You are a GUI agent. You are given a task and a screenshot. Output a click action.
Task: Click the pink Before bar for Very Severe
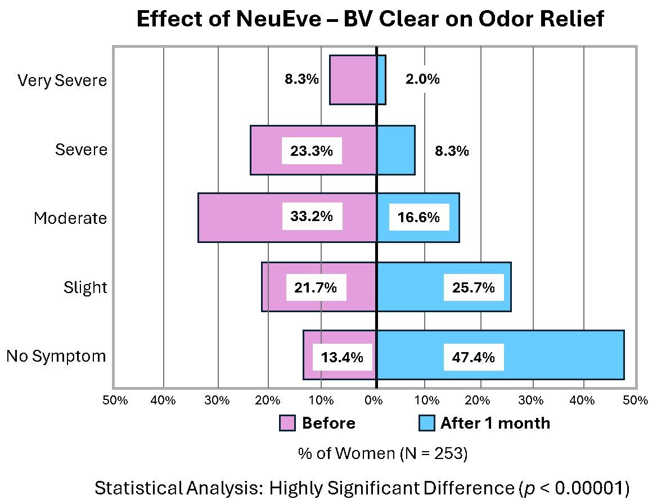[x=353, y=80]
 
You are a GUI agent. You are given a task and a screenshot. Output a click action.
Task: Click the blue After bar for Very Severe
[x=381, y=80]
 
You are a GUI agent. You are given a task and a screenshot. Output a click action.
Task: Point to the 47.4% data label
[x=473, y=357]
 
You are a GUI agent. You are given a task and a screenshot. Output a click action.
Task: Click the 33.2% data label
[x=312, y=217]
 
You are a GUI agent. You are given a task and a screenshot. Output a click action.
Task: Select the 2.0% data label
[x=422, y=79]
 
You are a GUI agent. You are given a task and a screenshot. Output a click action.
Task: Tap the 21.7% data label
[x=315, y=287]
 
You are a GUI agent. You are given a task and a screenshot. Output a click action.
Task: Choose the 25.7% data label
[x=473, y=287]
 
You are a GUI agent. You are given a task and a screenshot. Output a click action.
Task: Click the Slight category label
[x=85, y=287]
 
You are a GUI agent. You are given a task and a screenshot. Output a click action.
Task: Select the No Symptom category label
[x=56, y=356]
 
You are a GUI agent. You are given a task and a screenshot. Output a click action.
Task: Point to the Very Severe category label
[x=62, y=80]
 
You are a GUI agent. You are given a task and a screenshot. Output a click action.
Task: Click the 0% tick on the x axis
[x=373, y=400]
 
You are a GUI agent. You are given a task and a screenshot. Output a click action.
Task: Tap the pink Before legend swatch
[x=287, y=423]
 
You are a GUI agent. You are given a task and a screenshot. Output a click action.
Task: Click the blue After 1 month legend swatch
[x=426, y=423]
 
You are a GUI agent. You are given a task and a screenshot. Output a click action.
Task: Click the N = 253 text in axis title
[x=433, y=453]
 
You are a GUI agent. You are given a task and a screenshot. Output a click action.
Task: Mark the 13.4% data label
[x=342, y=357]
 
